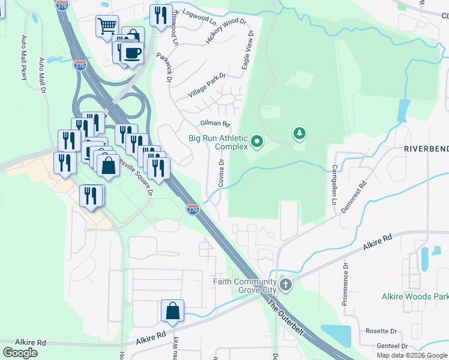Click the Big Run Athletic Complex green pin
[x=258, y=142]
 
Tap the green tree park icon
[x=299, y=133]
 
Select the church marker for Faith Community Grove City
[x=286, y=284]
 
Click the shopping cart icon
[x=107, y=26]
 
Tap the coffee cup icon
[x=131, y=53]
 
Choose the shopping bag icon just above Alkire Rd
[x=172, y=311]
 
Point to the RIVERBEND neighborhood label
[x=426, y=148]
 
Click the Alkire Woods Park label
[x=415, y=297]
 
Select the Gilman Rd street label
[x=215, y=124]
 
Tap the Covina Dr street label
[x=221, y=172]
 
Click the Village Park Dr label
[x=206, y=86]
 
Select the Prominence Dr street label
[x=346, y=286]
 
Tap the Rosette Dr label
[x=382, y=331]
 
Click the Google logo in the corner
[x=20, y=352]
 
